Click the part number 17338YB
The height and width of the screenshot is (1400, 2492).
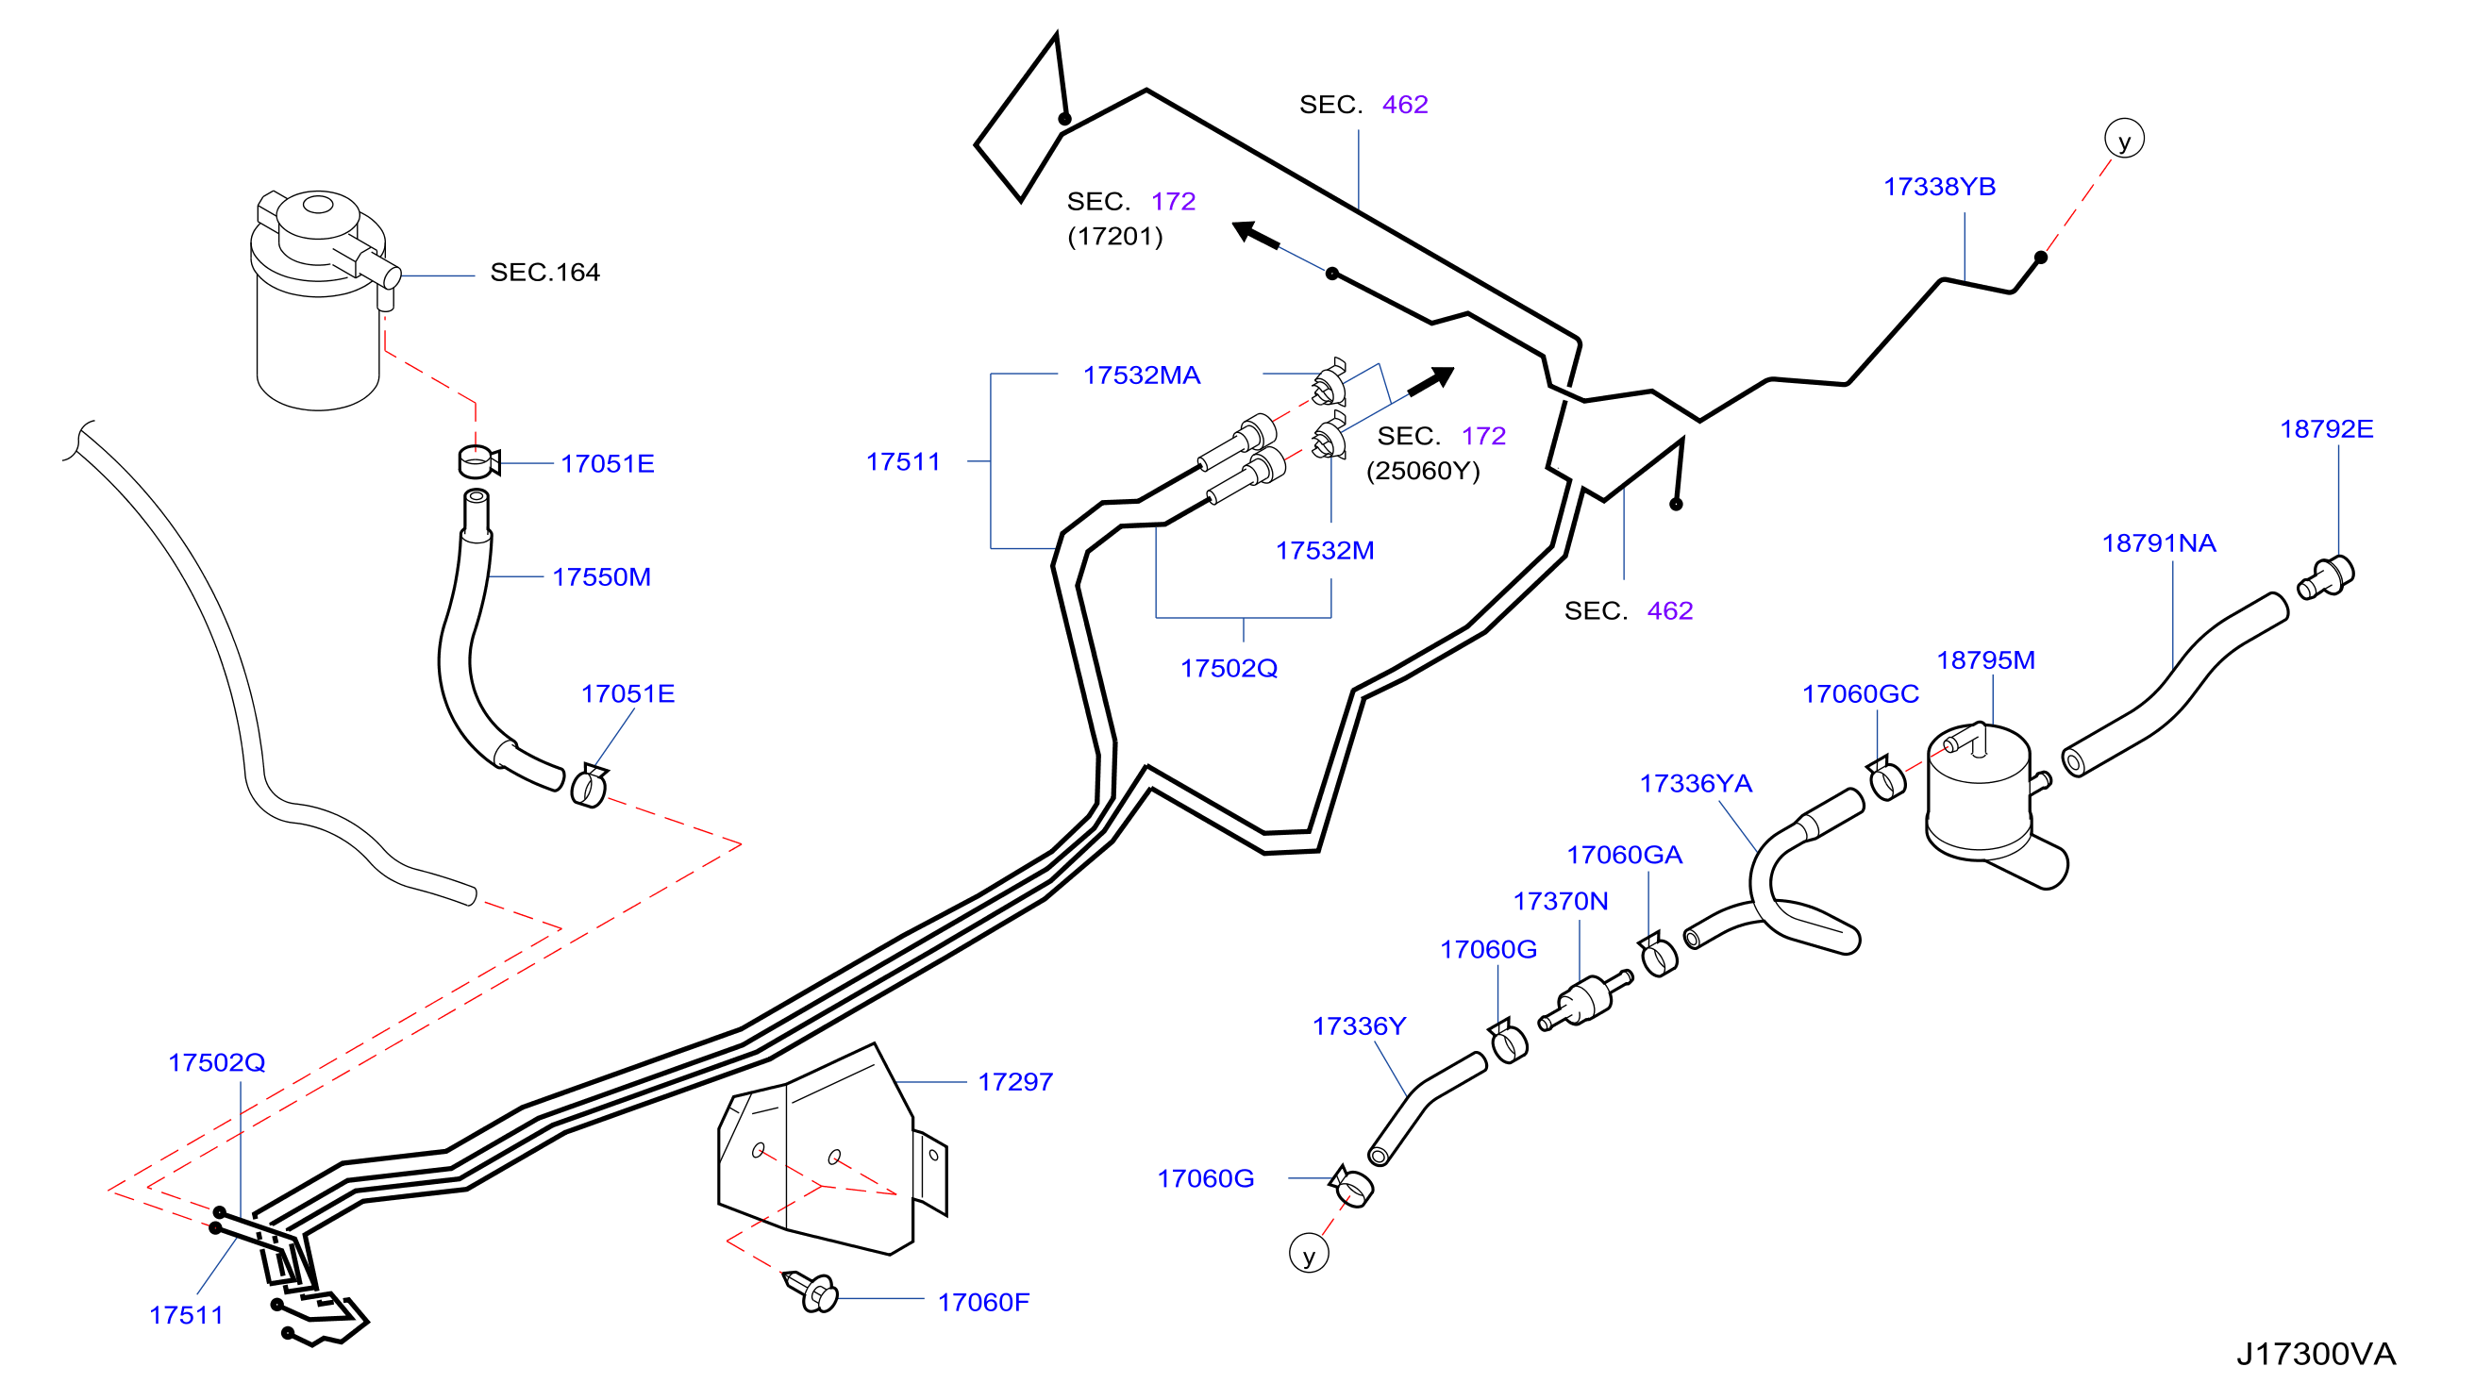coord(1939,187)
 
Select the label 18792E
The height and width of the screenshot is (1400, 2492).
coord(2326,428)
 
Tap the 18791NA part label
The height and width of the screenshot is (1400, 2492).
coord(2158,542)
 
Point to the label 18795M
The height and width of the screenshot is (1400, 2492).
coord(1985,659)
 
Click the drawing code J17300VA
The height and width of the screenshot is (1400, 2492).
coord(2315,1353)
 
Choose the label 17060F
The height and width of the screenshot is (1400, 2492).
coord(983,1301)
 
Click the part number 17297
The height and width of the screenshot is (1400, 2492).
coord(1014,1081)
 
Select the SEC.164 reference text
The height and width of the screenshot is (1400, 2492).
coord(544,272)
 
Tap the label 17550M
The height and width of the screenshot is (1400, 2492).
coord(601,576)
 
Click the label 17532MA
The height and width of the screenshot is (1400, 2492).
coord(1142,375)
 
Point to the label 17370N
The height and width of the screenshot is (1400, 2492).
coord(1560,901)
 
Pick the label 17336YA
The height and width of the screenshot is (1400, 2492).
coord(1695,783)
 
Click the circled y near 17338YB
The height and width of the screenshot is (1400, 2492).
coord(2123,139)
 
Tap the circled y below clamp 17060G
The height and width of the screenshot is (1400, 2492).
coord(1308,1254)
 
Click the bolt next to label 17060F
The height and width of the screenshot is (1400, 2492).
coord(811,1291)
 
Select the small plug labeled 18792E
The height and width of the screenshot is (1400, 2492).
coord(2326,576)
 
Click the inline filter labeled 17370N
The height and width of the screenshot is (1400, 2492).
coord(1584,1000)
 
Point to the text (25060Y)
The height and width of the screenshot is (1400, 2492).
coord(1422,470)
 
